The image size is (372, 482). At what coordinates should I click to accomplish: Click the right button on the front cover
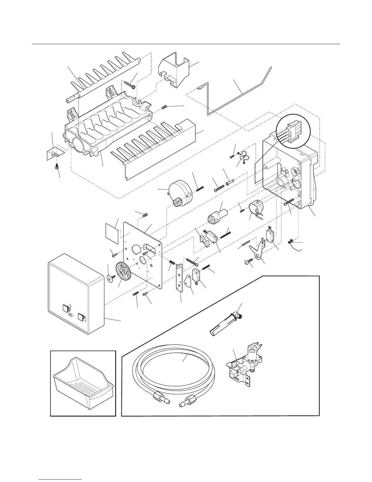(81, 317)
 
